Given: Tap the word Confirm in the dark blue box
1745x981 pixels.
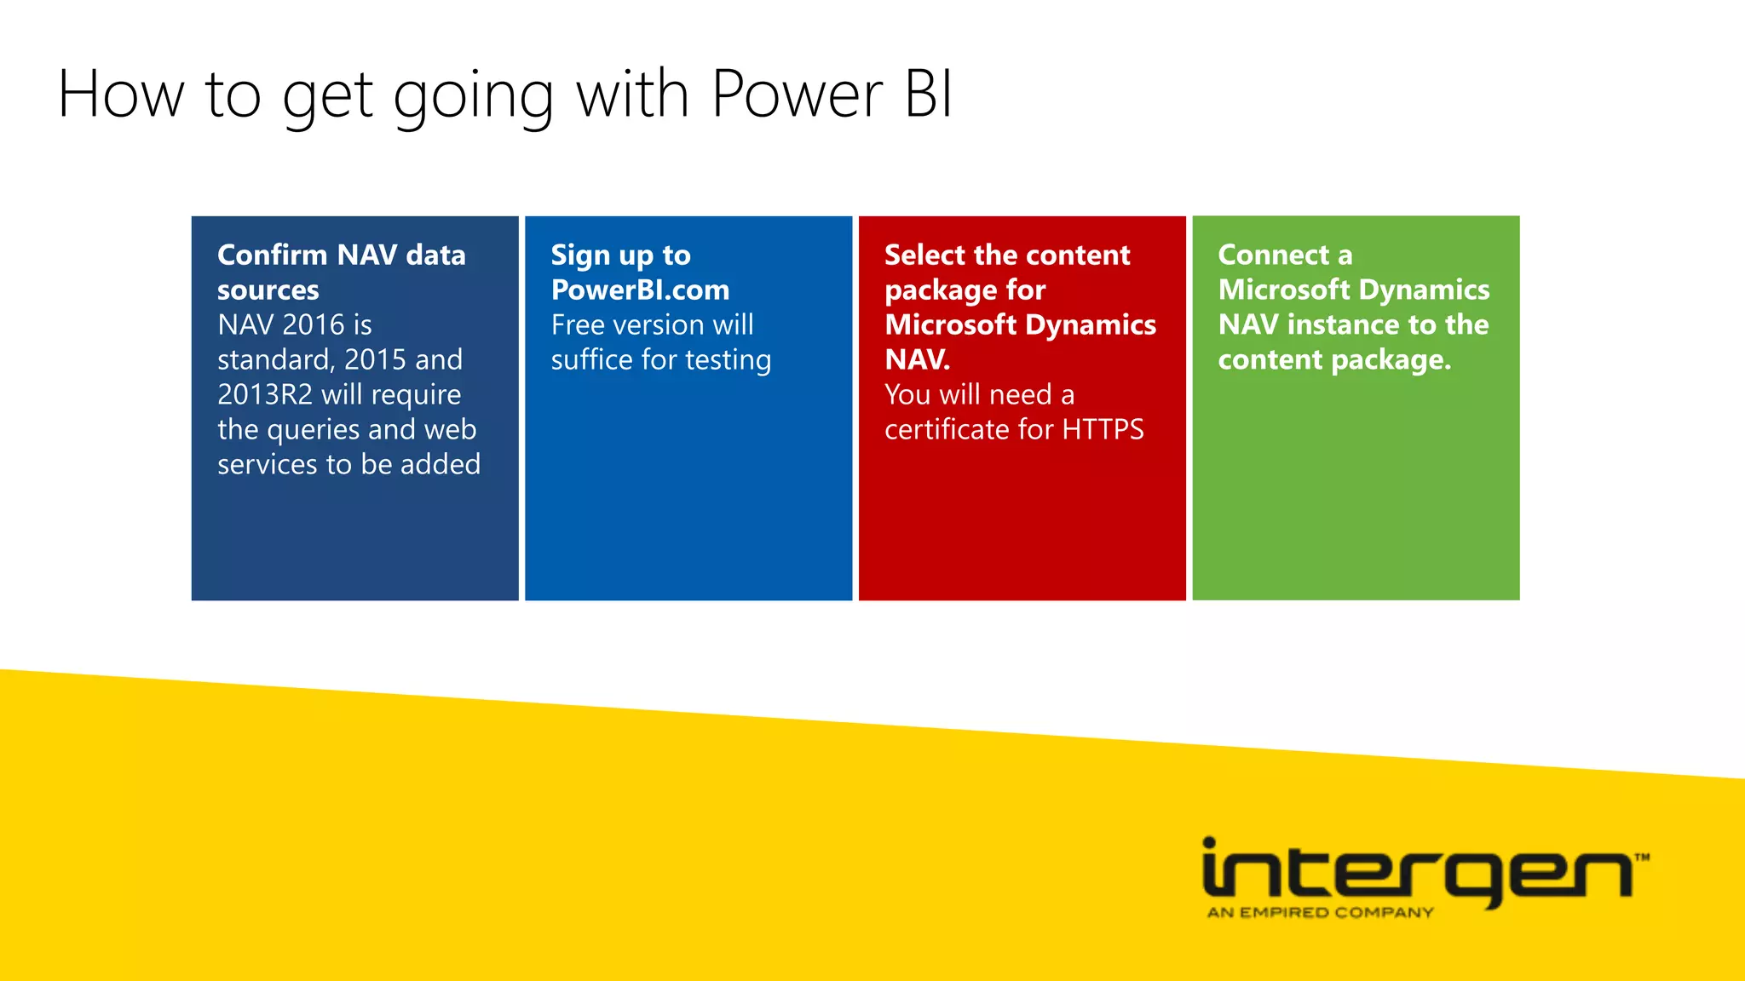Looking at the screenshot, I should point(273,255).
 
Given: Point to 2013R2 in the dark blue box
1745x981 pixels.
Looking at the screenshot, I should point(265,394).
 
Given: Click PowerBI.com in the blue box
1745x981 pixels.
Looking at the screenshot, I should point(640,290).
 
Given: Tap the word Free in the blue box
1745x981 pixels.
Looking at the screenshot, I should point(578,324).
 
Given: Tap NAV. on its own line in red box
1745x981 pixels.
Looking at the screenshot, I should point(917,359).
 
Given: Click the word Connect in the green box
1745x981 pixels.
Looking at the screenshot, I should point(1274,255).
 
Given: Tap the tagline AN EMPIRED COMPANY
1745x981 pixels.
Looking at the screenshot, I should point(1320,913).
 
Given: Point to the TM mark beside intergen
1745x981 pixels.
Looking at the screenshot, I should point(1642,858).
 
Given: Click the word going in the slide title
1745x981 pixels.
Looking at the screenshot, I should point(474,96).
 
